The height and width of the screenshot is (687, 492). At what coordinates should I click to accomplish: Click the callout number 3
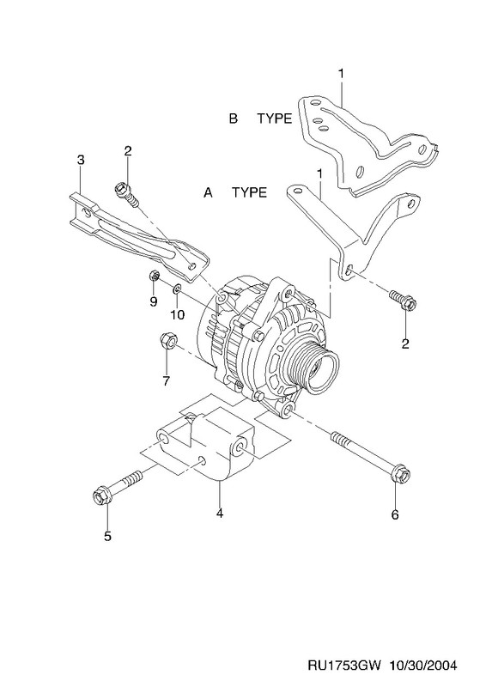point(80,161)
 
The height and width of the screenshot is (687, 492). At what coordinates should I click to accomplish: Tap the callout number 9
point(154,302)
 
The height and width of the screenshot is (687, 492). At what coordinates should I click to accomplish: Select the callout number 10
point(178,314)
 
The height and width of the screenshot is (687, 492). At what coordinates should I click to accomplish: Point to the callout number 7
point(166,381)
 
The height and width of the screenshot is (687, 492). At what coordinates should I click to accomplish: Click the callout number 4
point(220,513)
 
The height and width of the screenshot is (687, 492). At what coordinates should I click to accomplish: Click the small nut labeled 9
point(154,276)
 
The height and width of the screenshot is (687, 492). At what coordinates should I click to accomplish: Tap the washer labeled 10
point(177,289)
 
